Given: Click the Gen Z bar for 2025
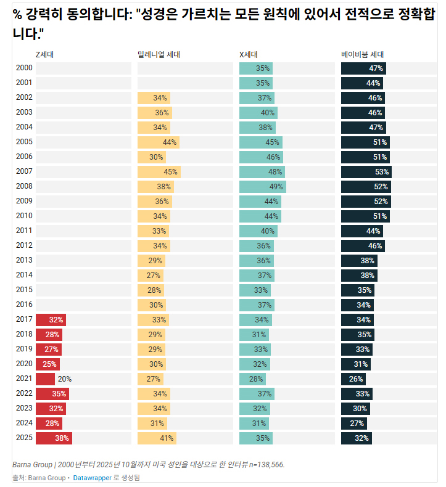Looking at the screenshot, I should click(x=54, y=438).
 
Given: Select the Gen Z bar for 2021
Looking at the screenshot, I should click(x=45, y=379).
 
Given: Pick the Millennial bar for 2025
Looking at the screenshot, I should click(x=157, y=438).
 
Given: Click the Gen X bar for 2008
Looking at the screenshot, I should click(x=262, y=186).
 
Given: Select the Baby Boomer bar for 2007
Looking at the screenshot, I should click(x=366, y=171).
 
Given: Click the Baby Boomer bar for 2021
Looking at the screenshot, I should click(x=353, y=379).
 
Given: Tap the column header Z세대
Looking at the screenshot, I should click(x=44, y=55).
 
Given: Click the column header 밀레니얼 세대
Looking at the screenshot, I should click(x=159, y=55).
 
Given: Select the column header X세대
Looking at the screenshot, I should click(x=248, y=55).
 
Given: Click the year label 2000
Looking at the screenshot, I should click(x=24, y=68).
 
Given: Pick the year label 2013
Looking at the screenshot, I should click(x=24, y=260).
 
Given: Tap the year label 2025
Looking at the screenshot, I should click(x=24, y=438).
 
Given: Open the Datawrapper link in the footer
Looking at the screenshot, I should click(x=92, y=478).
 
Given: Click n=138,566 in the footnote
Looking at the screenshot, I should click(x=266, y=464).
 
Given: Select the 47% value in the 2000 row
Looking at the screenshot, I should click(x=376, y=68).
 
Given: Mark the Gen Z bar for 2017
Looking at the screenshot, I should click(x=51, y=320).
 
